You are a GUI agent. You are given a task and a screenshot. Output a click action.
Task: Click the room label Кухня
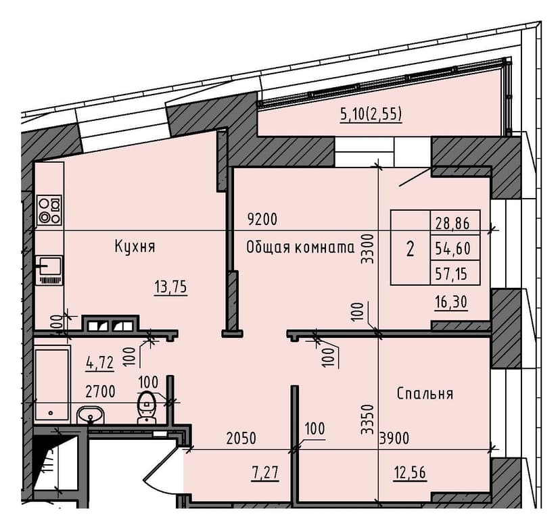click(x=135, y=247)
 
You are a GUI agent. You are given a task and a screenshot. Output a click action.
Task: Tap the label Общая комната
click(x=301, y=247)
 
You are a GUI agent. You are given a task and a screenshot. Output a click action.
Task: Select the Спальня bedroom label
click(x=425, y=393)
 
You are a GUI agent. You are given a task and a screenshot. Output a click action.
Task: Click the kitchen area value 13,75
click(x=170, y=286)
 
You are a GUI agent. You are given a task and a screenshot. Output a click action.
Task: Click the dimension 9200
click(x=263, y=220)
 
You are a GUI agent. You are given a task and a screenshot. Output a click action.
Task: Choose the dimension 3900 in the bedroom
click(x=394, y=438)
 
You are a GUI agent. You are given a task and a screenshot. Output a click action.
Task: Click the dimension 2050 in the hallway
click(x=241, y=438)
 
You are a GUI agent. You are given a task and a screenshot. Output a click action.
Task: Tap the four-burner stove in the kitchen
click(x=49, y=209)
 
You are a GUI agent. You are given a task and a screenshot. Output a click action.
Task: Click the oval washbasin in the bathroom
click(x=89, y=414)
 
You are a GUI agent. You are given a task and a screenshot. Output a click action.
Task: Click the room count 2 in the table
click(x=410, y=249)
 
